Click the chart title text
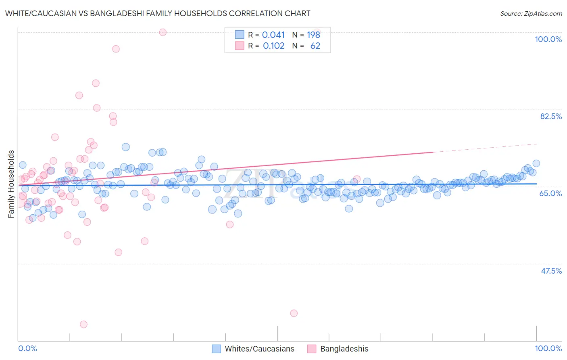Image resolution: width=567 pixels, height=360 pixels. [x=158, y=13]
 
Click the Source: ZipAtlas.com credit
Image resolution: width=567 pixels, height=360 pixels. [x=531, y=13]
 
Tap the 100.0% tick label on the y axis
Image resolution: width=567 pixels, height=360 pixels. [x=548, y=39]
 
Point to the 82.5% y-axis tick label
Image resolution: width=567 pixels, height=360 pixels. [x=550, y=116]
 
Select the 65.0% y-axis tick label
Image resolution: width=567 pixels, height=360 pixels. [x=550, y=193]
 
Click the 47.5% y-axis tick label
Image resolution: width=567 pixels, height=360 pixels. [x=551, y=271]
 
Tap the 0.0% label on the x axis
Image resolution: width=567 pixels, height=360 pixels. [x=28, y=348]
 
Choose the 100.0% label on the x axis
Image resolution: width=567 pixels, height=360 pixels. [x=548, y=348]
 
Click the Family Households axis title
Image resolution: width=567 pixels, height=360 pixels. [x=11, y=184]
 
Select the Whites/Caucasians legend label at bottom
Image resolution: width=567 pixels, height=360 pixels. [x=259, y=349]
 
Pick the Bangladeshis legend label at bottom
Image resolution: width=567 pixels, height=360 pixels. [x=344, y=349]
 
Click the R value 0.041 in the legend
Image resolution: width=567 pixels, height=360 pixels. [x=273, y=35]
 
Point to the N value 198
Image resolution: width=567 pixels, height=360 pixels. [x=313, y=35]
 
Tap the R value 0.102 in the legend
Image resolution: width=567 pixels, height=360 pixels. [x=273, y=46]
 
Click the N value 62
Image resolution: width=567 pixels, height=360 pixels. [x=315, y=46]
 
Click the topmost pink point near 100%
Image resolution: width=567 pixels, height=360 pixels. [x=163, y=32]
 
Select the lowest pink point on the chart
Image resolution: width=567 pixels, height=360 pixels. [x=83, y=324]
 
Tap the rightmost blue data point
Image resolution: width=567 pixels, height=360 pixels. [x=536, y=163]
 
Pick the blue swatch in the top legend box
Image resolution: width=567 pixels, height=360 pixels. [x=240, y=35]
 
